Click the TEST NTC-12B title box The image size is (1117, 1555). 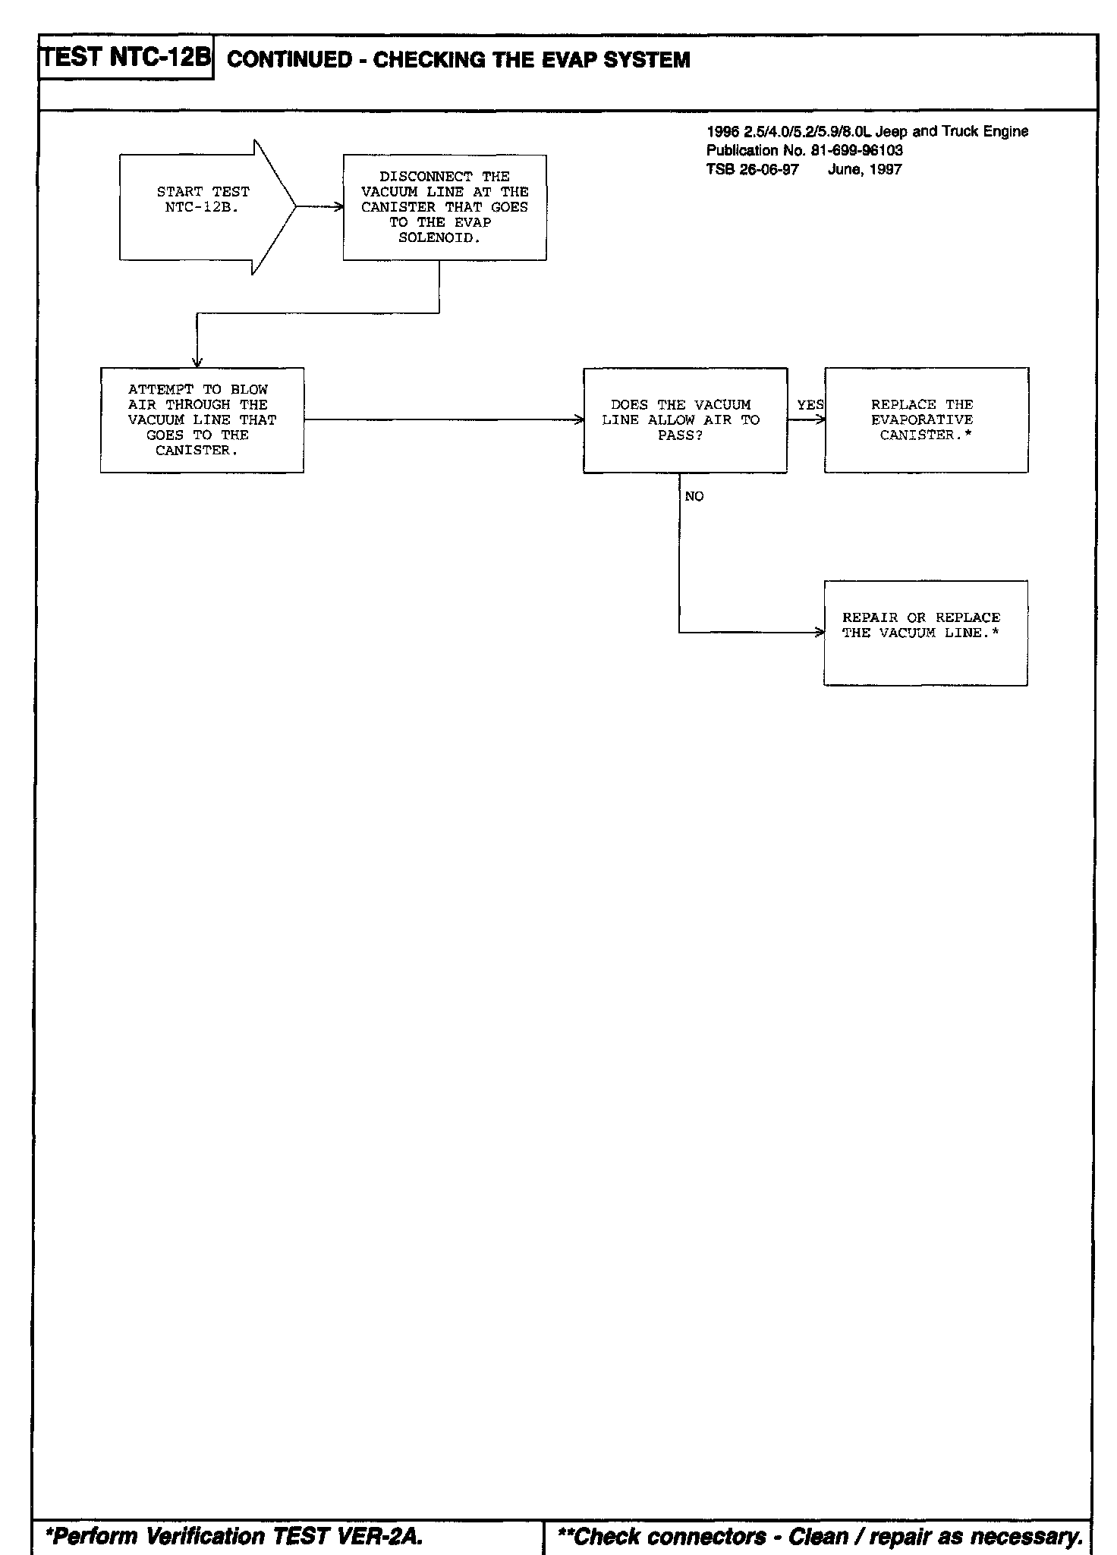click(x=126, y=58)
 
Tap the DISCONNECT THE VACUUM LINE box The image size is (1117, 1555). click(x=445, y=207)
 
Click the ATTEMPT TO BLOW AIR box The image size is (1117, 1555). click(x=202, y=420)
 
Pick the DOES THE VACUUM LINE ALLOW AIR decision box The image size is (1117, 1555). click(x=684, y=420)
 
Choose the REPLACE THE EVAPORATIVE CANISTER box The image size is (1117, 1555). click(x=926, y=420)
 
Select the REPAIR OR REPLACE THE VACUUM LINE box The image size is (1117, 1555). click(x=925, y=633)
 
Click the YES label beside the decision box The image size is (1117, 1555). click(x=810, y=405)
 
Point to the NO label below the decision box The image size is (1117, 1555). click(x=694, y=497)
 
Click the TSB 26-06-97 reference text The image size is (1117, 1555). click(x=752, y=169)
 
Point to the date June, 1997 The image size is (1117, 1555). click(x=864, y=169)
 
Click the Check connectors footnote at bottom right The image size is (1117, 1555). click(x=820, y=1537)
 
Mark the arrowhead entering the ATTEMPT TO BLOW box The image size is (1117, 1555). click(x=197, y=363)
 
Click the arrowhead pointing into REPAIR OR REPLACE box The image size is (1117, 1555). click(x=820, y=633)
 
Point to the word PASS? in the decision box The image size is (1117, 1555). click(x=680, y=436)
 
